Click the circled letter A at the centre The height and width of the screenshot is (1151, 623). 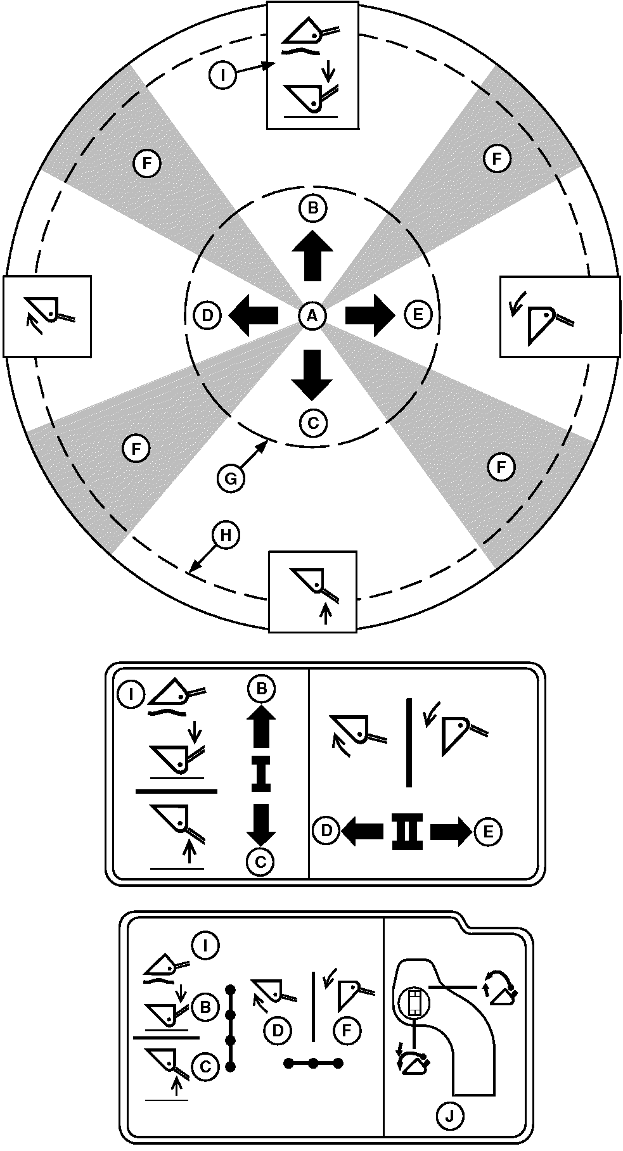pos(312,315)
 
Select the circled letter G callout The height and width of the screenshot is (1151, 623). pos(231,478)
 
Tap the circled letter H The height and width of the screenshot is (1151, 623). pos(226,536)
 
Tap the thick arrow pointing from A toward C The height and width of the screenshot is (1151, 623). pos(312,374)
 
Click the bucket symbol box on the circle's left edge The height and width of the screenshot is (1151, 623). pos(48,315)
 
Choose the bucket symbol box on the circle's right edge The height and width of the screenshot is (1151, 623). pos(560,316)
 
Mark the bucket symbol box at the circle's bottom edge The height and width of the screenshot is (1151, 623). pos(313,591)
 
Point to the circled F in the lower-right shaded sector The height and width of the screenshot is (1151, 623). pos(501,468)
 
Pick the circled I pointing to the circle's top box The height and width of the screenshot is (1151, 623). pos(222,76)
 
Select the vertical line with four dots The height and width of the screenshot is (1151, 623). pos(231,1027)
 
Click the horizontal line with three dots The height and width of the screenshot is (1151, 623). pos(313,1063)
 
